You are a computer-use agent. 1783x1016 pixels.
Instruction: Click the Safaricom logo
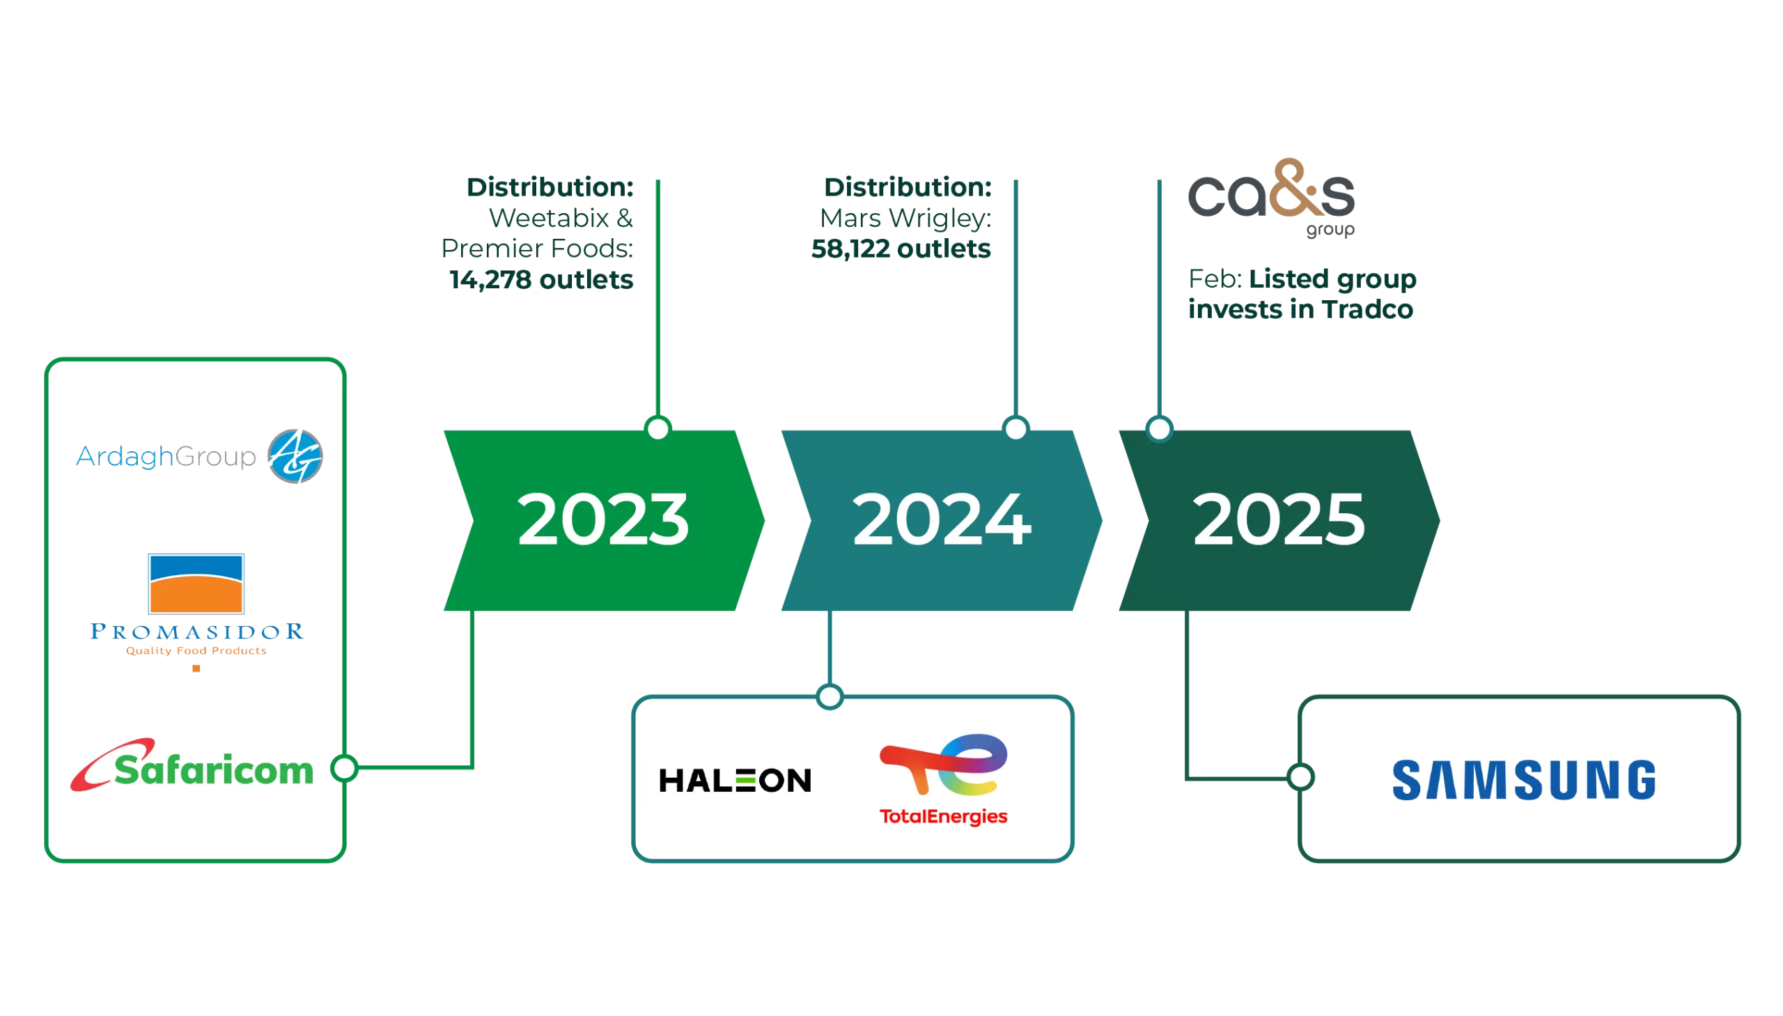pos(192,765)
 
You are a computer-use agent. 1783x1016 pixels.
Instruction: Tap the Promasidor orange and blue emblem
pos(196,584)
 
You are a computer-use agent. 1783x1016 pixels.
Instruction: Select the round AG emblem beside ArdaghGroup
pos(295,456)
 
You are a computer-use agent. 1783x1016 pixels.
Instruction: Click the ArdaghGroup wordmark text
pos(165,457)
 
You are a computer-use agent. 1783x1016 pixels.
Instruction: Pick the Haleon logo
pos(734,780)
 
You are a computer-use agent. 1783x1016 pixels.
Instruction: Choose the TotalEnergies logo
pos(944,780)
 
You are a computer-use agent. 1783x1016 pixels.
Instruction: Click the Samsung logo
pos(1523,780)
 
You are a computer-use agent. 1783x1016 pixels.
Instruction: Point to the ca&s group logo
pos(1272,196)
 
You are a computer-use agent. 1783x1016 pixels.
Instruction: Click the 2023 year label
pos(603,520)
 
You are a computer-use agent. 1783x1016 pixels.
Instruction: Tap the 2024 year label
pos(942,520)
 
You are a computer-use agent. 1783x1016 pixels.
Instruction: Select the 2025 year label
pos(1279,520)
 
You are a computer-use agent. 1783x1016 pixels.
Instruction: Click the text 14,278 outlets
pos(542,280)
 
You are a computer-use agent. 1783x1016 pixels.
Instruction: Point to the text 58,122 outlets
pos(901,249)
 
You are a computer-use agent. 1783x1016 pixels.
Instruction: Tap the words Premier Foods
pos(536,249)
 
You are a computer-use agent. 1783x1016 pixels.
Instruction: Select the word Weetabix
pos(549,219)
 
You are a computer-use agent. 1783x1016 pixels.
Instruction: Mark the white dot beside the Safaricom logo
pos(344,767)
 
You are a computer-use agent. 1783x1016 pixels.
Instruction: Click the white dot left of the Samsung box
pos(1301,776)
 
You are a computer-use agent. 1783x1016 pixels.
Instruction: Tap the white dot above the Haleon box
pos(830,696)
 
